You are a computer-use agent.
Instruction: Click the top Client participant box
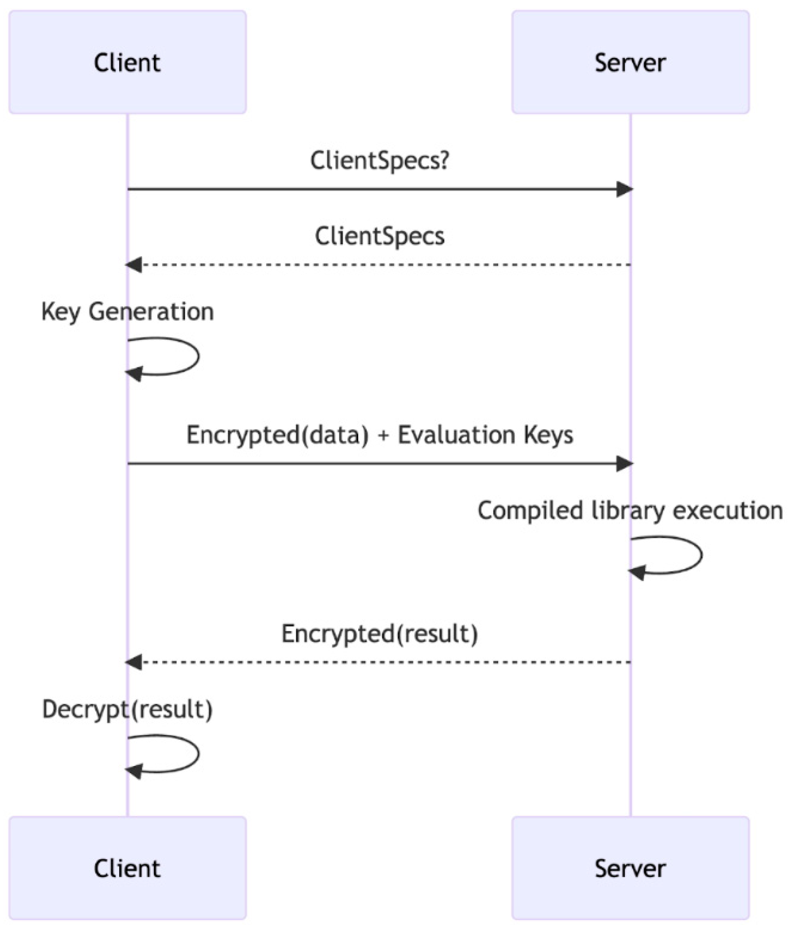(x=127, y=62)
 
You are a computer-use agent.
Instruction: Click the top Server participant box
(x=630, y=62)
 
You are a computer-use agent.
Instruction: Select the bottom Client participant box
(x=127, y=868)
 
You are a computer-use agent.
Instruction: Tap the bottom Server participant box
(x=630, y=868)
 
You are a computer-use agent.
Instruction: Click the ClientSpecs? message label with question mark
(x=379, y=161)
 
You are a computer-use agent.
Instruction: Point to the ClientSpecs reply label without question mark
(x=379, y=236)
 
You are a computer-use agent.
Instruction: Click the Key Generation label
(x=127, y=311)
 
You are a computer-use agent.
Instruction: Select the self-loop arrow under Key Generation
(x=196, y=356)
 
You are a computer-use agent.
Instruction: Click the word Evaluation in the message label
(x=456, y=435)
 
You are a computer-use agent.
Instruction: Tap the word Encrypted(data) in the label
(x=278, y=435)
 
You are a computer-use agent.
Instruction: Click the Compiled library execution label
(x=629, y=510)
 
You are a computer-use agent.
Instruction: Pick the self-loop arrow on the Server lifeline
(x=699, y=555)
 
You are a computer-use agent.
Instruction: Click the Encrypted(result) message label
(x=379, y=634)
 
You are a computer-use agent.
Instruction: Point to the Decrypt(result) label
(x=127, y=709)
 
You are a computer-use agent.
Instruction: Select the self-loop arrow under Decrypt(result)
(x=196, y=754)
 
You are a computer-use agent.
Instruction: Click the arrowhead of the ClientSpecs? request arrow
(x=624, y=189)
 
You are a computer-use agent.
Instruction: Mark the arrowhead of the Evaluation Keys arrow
(x=624, y=464)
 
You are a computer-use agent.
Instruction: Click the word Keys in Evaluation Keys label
(x=548, y=435)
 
